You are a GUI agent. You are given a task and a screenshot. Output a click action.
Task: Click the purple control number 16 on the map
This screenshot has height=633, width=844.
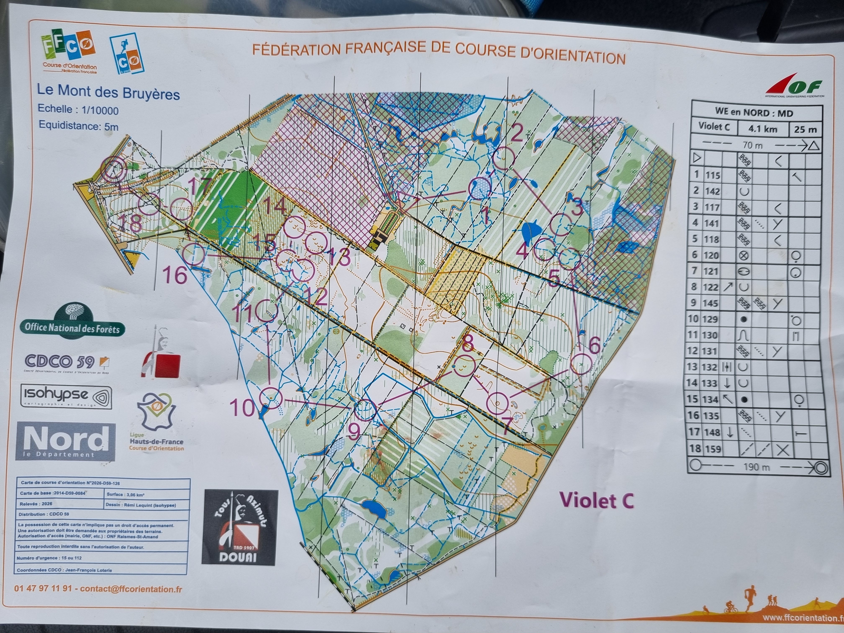point(175,275)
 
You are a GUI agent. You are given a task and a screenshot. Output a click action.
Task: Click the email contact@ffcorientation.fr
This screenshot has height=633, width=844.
point(131,589)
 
